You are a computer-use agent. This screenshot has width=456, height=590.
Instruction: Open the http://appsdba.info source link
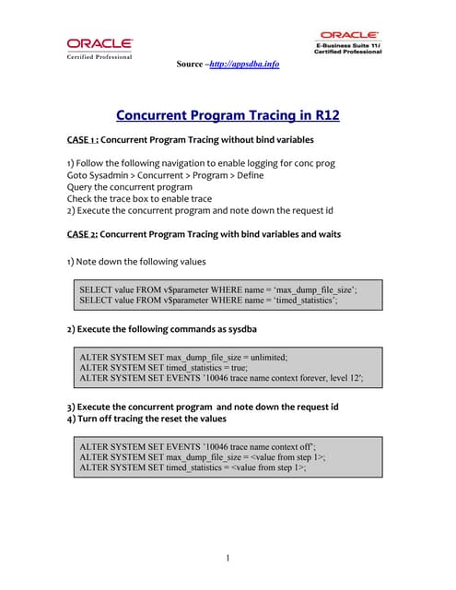click(244, 64)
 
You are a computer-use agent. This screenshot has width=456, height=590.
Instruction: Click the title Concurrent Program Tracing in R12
click(228, 115)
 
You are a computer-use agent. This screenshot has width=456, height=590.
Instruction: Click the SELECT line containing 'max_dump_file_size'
click(217, 289)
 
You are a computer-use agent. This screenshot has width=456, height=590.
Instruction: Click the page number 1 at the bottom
click(228, 558)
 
